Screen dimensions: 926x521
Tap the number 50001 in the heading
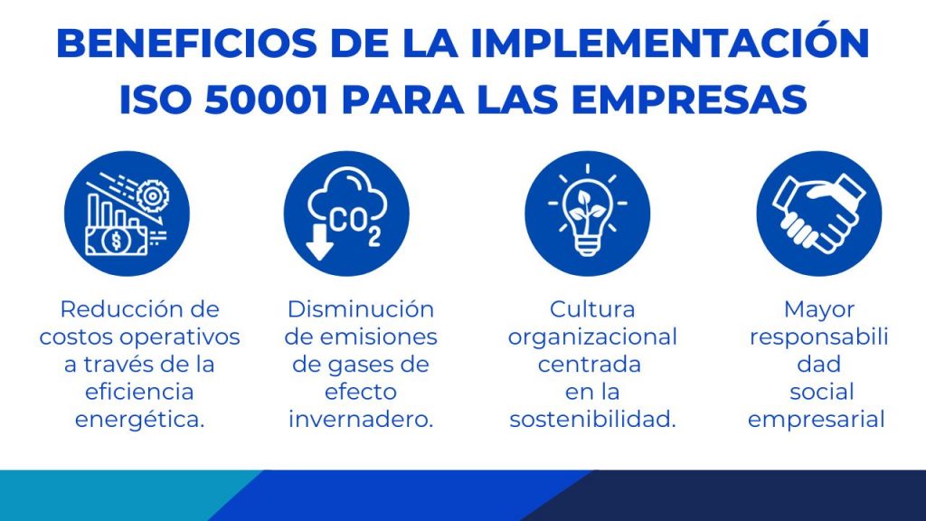click(x=266, y=99)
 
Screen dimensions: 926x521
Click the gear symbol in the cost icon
click(x=152, y=195)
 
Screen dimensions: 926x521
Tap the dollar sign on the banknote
click(x=116, y=241)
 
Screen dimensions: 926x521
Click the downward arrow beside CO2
click(x=319, y=242)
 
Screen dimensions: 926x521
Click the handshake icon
click(x=818, y=213)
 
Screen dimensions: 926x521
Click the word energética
click(x=139, y=420)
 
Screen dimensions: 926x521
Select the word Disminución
click(x=360, y=309)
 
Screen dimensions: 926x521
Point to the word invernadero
click(x=360, y=420)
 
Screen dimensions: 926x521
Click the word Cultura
click(x=592, y=309)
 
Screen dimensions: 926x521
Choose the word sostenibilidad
click(x=592, y=420)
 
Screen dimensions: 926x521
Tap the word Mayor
click(x=818, y=310)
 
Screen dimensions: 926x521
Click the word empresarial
click(x=817, y=421)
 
